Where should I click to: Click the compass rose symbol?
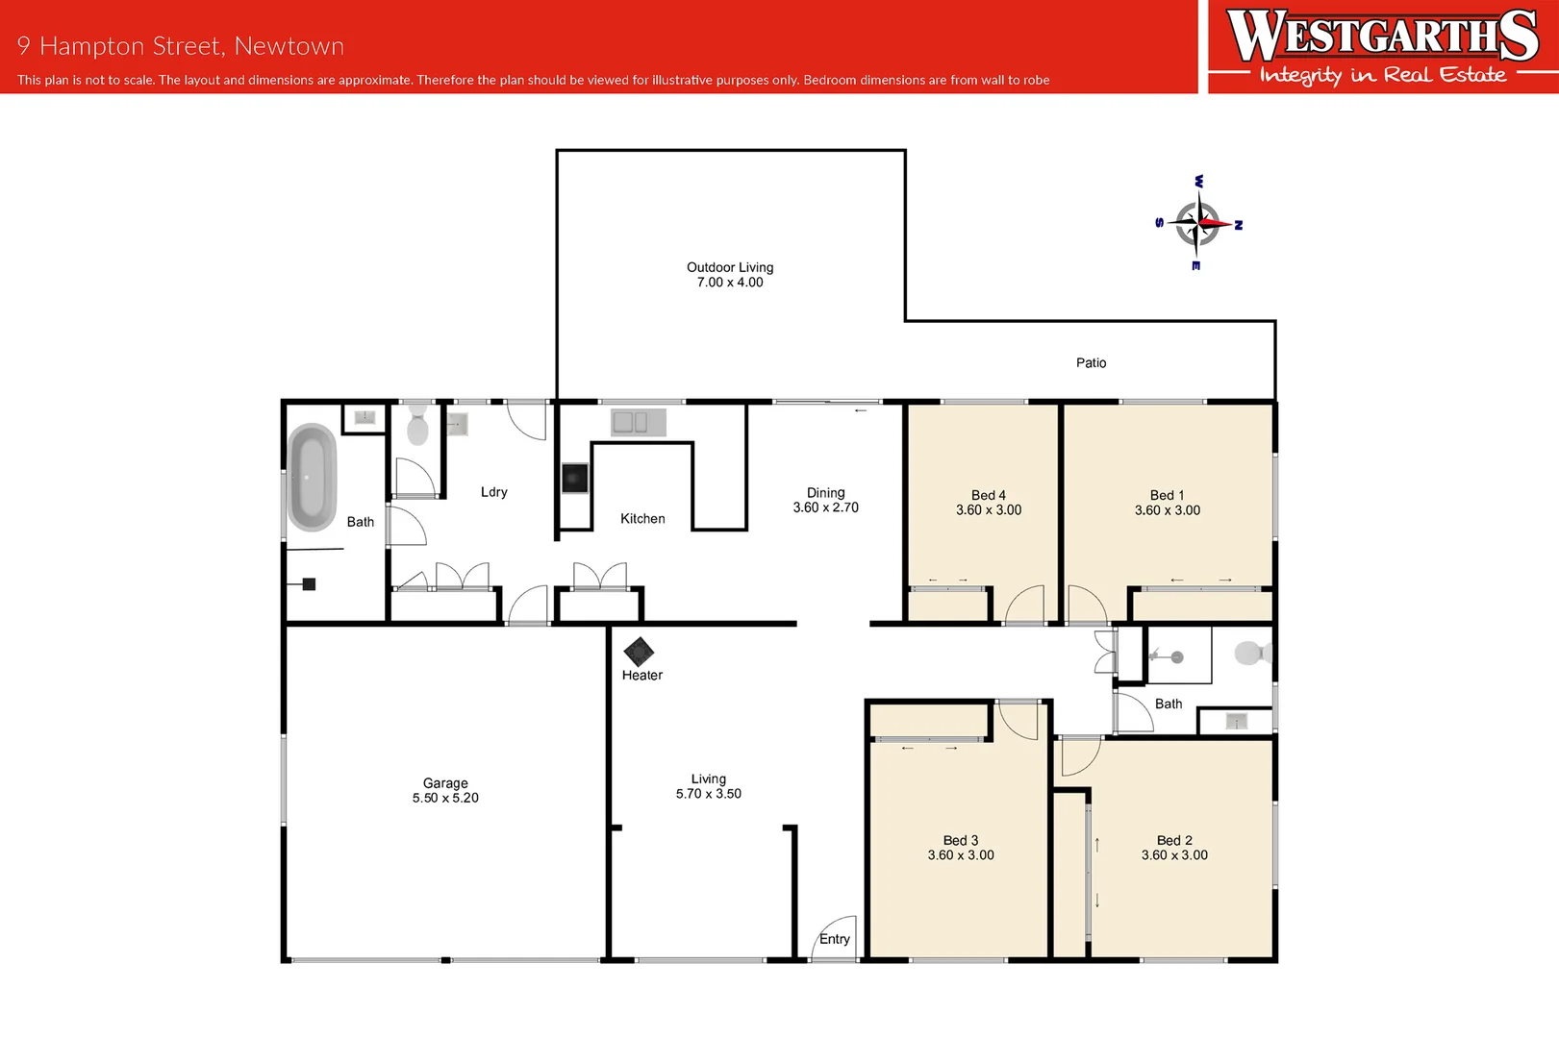coord(1198,223)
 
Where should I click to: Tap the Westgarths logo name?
coord(1382,36)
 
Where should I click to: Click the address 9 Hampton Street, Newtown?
coord(180,46)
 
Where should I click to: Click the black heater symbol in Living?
coord(639,652)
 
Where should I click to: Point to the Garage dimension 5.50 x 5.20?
coord(445,798)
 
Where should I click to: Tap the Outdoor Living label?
coord(730,267)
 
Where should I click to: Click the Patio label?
coord(1091,362)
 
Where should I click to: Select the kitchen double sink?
coord(631,422)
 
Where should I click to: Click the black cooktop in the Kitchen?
coord(575,478)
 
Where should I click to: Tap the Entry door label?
coord(834,939)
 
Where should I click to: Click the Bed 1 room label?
coord(1167,495)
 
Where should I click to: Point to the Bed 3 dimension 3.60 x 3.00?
coord(961,854)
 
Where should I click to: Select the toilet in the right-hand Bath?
coord(1251,654)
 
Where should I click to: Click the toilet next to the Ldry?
coord(417,425)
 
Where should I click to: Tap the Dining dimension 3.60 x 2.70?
coord(825,507)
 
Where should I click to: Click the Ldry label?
coord(493,491)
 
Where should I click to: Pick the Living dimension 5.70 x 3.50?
coord(708,794)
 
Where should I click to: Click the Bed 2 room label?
coord(1174,840)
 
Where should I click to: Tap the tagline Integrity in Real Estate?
coord(1382,75)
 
